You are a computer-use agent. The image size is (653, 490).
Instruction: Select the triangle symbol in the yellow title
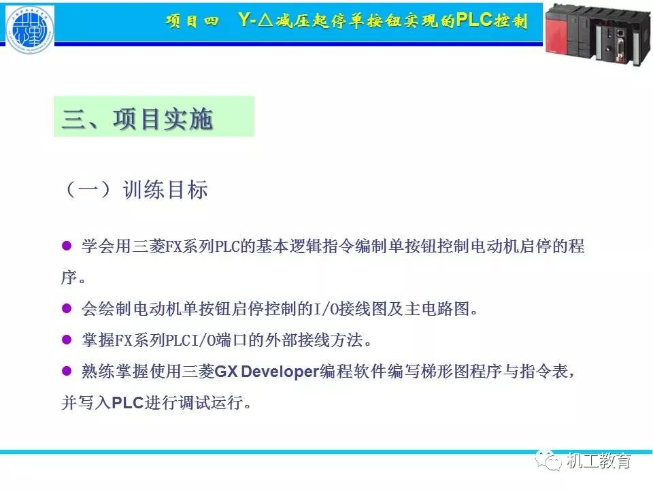(265, 20)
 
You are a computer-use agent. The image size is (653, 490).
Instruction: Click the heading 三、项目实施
(138, 118)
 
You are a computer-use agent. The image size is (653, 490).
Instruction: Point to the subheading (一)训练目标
(135, 190)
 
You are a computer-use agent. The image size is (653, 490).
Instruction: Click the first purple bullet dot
(67, 245)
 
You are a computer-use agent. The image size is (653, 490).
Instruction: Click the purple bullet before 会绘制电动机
(67, 308)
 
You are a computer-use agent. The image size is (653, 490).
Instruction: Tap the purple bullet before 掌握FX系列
(67, 339)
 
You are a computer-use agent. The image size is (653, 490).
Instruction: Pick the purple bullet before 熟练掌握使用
(67, 370)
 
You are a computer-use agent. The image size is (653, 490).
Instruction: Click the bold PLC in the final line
(128, 402)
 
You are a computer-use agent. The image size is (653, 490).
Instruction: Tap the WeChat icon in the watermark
(548, 460)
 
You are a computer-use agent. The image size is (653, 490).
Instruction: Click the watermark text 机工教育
(599, 461)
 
